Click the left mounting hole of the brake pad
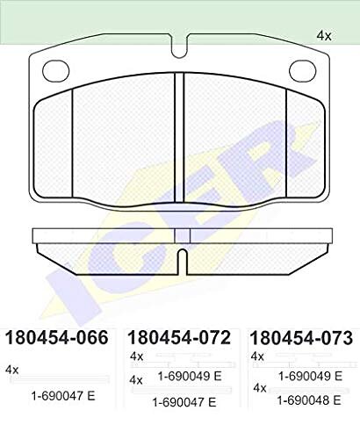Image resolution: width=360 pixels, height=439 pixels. point(56,71)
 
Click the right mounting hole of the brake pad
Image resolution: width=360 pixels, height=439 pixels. point(303,71)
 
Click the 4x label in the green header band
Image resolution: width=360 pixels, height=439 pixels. point(324,36)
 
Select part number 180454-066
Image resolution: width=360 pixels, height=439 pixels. point(57,337)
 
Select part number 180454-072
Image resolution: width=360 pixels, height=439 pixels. point(179,337)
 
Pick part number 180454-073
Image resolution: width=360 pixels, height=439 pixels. point(301,337)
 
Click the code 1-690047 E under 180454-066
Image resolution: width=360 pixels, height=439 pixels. point(63,396)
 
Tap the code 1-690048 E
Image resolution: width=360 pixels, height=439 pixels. point(309,400)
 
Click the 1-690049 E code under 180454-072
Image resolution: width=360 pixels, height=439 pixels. point(190,376)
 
